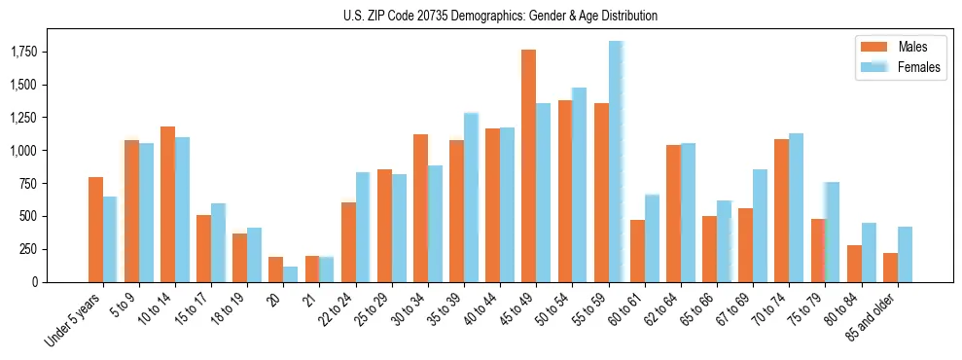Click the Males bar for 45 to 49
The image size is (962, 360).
[x=528, y=165]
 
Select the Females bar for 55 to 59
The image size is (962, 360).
[x=616, y=162]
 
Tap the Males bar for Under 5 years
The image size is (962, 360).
[x=95, y=230]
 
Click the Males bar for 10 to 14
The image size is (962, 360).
[x=167, y=204]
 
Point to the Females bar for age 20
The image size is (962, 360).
[x=291, y=274]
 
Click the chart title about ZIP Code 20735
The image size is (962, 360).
[x=500, y=16]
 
